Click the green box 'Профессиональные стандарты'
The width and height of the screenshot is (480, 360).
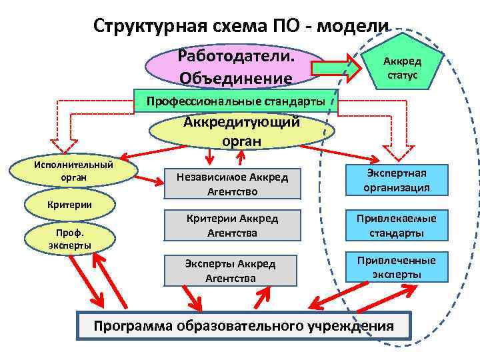[x=236, y=101]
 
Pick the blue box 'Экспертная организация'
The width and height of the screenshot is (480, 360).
[x=396, y=180]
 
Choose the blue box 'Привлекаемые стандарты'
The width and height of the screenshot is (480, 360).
[x=396, y=225]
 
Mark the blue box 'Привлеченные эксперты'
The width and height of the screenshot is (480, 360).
[x=396, y=267]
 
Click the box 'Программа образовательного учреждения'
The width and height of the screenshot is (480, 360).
[x=244, y=326]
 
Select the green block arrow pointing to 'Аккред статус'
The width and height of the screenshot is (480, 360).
[x=337, y=67]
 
